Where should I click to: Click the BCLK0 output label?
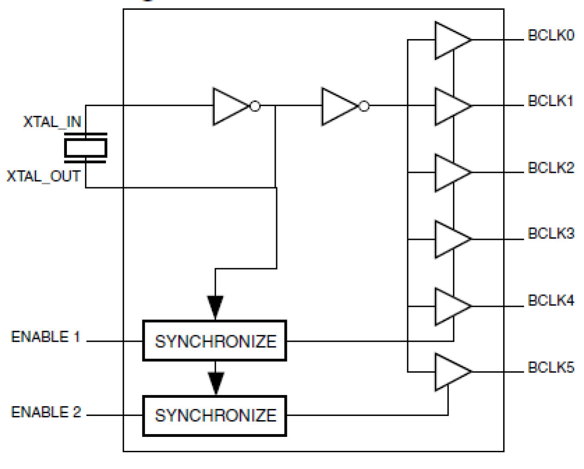pyautogui.click(x=551, y=35)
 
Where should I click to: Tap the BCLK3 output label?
pyautogui.click(x=551, y=233)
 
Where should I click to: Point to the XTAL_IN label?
pyautogui.click(x=52, y=122)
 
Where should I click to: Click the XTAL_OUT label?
pyautogui.click(x=43, y=177)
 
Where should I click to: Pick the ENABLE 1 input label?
pyautogui.click(x=46, y=337)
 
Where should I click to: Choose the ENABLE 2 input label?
pyautogui.click(x=46, y=412)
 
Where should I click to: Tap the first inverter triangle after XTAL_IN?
pyautogui.click(x=229, y=106)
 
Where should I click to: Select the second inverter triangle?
pyautogui.click(x=338, y=106)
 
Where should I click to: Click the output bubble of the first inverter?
pyautogui.click(x=255, y=106)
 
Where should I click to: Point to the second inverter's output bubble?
pyautogui.click(x=365, y=106)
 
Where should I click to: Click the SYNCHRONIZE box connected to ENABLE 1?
pyautogui.click(x=214, y=341)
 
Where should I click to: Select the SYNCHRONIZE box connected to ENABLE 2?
pyautogui.click(x=214, y=416)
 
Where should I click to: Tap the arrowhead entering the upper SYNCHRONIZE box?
pyautogui.click(x=215, y=307)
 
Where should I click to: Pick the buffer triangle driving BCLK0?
pyautogui.click(x=450, y=40)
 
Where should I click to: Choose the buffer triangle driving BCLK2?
pyautogui.click(x=450, y=173)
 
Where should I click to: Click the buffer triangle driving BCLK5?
pyautogui.click(x=450, y=372)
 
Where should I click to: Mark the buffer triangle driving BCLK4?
pyautogui.click(x=450, y=306)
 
